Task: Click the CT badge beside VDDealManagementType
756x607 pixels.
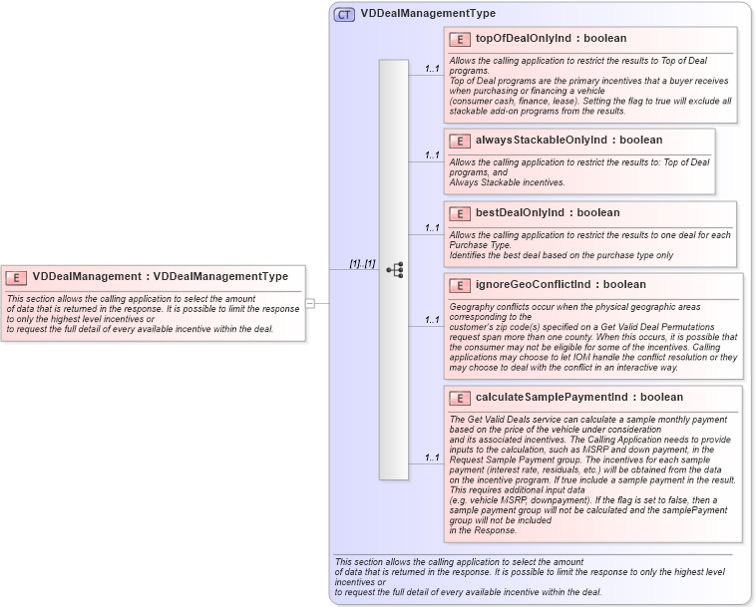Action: (x=344, y=14)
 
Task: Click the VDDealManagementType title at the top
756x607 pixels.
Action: (x=428, y=14)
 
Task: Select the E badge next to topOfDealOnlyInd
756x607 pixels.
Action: (x=460, y=39)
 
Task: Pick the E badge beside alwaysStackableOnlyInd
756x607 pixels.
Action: (x=460, y=141)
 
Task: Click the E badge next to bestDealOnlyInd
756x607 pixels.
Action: (x=460, y=213)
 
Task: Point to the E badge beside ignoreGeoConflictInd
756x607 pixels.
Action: (x=460, y=285)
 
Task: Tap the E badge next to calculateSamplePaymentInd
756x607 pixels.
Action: (x=460, y=398)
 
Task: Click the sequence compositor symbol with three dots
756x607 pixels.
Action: (x=394, y=269)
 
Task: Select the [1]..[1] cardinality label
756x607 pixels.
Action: (x=361, y=263)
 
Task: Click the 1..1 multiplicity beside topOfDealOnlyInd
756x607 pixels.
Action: (x=432, y=69)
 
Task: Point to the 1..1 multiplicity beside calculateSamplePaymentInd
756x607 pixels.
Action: (x=432, y=457)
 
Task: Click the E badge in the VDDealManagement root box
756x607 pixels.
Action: (x=17, y=277)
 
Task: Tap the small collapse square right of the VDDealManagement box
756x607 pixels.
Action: (x=310, y=303)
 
